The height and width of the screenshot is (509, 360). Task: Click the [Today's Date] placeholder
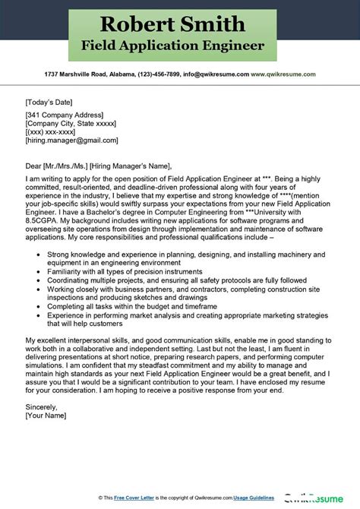click(x=47, y=100)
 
